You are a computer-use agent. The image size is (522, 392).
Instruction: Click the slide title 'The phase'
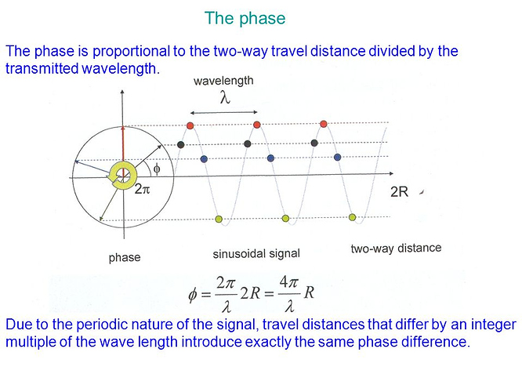point(245,18)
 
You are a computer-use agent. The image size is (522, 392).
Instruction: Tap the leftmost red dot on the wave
point(190,125)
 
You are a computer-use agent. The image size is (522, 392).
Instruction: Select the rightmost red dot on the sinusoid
point(323,124)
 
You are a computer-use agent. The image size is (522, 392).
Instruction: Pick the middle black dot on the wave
point(248,143)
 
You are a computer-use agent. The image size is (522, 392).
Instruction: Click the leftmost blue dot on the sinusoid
point(204,159)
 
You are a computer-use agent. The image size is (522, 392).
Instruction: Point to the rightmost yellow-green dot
point(352,217)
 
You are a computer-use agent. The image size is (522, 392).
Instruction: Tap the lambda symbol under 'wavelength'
point(225,97)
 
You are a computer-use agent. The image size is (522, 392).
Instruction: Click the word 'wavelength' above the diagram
point(223,81)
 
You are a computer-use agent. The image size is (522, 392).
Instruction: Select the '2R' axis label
point(399,192)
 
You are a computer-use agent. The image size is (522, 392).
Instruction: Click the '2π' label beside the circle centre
point(142,189)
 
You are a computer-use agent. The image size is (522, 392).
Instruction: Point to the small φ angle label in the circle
point(157,169)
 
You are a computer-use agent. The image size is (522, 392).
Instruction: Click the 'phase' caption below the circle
point(125,257)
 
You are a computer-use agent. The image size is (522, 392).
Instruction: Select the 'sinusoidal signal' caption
point(256,254)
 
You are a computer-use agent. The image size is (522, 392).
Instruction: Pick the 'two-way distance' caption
point(396,249)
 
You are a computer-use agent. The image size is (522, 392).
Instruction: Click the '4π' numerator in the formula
point(288,283)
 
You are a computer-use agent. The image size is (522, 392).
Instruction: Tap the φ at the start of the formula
point(193,295)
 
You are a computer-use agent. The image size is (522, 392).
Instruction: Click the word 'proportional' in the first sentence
point(131,51)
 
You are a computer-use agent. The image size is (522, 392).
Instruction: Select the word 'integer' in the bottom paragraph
point(493,325)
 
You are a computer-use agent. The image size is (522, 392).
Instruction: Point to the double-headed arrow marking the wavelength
point(223,113)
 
